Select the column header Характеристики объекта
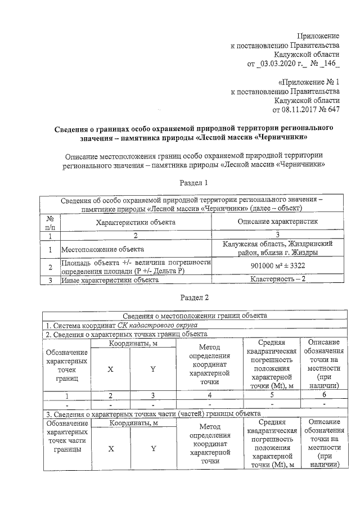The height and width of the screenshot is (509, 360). (x=136, y=222)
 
